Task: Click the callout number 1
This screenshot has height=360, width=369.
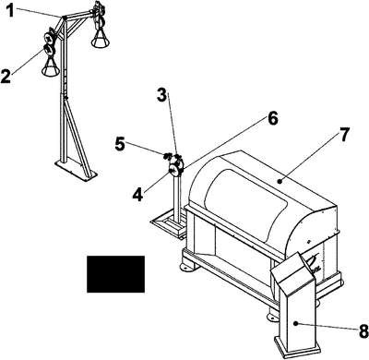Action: (x=11, y=10)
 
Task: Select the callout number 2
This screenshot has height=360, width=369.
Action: (x=6, y=76)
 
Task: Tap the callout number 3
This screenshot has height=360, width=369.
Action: (x=161, y=95)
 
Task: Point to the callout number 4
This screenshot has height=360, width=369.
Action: (x=138, y=195)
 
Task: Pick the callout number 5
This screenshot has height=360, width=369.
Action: (x=120, y=144)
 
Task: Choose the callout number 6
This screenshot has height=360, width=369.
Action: (x=272, y=118)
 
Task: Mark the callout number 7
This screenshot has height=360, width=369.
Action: (x=344, y=135)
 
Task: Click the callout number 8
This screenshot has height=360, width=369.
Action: (x=363, y=331)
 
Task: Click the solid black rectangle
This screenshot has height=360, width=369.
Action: (x=115, y=274)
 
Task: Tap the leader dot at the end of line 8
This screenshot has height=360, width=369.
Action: (x=295, y=323)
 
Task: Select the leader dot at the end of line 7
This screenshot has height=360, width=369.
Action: (x=280, y=182)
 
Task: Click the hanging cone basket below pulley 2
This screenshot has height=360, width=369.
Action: (x=51, y=67)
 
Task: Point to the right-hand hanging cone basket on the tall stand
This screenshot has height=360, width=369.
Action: (x=101, y=39)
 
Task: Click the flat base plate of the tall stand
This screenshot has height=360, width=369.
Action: (x=76, y=171)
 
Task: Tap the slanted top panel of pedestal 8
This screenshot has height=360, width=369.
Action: (x=292, y=270)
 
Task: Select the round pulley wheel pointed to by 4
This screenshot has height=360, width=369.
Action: (x=174, y=170)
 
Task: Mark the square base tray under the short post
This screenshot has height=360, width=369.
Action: (x=169, y=223)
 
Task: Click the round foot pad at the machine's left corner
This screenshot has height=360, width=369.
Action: (x=186, y=266)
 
